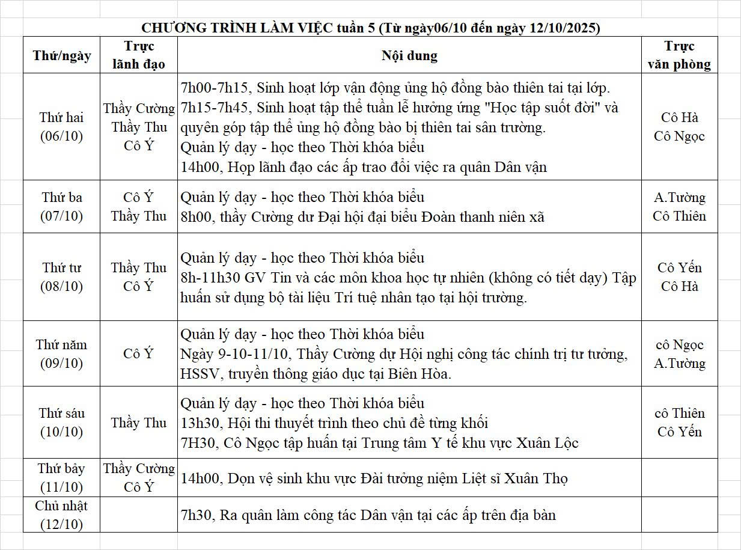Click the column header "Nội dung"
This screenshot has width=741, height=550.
[x=409, y=56]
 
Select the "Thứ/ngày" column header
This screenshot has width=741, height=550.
[x=62, y=56]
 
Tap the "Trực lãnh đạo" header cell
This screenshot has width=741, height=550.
[x=139, y=55]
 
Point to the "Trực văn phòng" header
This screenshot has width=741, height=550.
[x=680, y=55]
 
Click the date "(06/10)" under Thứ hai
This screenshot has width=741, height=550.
[x=62, y=136]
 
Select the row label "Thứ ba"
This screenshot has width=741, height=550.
[x=62, y=197]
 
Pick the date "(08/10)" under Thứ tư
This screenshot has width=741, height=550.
[x=62, y=287]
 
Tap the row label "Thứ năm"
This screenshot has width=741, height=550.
[x=62, y=344]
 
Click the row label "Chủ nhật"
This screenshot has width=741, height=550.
[x=62, y=506]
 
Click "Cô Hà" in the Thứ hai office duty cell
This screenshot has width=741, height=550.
[x=680, y=117]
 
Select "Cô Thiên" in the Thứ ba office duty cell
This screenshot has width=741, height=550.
[x=680, y=216]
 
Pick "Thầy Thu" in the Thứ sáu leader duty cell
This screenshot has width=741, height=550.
[x=139, y=423]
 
